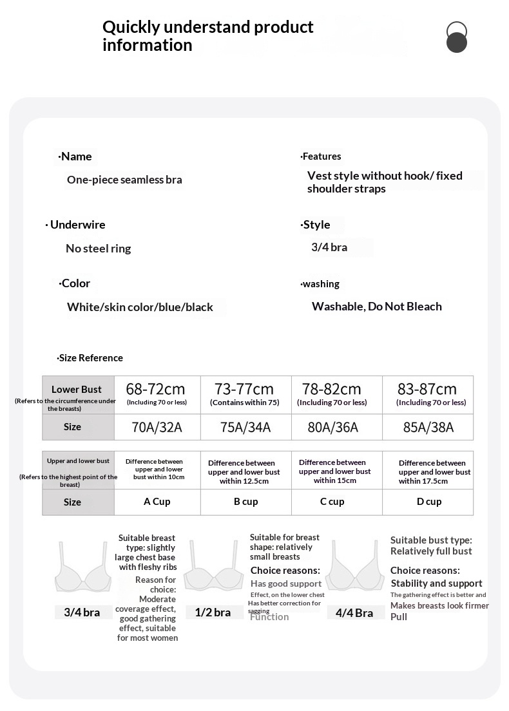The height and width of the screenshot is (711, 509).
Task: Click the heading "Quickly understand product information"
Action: (x=207, y=36)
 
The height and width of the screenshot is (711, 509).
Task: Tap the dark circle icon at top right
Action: (x=456, y=43)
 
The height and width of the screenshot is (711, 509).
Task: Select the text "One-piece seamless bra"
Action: (x=124, y=180)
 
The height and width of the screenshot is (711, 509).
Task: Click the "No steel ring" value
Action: (x=98, y=249)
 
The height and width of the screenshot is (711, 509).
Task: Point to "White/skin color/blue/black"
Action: (x=140, y=307)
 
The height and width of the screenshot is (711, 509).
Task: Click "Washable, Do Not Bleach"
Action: (x=376, y=307)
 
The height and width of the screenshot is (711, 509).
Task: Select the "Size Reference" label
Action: (x=90, y=358)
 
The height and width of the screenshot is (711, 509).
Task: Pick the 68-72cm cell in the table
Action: (x=157, y=394)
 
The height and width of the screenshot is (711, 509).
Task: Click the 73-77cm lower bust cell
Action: (x=245, y=394)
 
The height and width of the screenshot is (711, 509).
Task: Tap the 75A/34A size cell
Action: (x=245, y=428)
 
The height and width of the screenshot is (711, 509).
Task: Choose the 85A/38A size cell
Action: (x=428, y=428)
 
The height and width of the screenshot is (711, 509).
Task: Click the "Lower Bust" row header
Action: (x=77, y=390)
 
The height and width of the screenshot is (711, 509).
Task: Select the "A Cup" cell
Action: (x=157, y=502)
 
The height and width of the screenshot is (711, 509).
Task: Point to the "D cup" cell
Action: (x=428, y=502)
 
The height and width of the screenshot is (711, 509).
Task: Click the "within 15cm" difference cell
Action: (x=335, y=471)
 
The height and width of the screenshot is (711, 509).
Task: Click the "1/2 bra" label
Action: (x=213, y=612)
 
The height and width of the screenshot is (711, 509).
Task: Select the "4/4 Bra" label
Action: (x=354, y=613)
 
